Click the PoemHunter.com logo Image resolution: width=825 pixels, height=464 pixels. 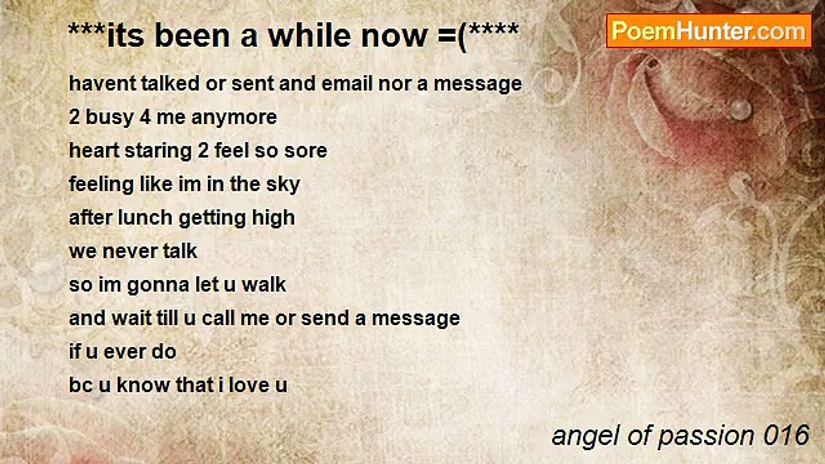click(x=708, y=30)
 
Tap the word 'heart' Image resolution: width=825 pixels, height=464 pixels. click(x=90, y=151)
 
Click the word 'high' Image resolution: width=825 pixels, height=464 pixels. click(x=274, y=218)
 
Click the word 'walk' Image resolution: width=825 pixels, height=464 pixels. click(x=264, y=285)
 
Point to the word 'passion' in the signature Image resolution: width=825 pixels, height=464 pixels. click(x=697, y=436)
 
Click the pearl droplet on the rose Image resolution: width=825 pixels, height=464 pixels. click(x=741, y=110)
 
